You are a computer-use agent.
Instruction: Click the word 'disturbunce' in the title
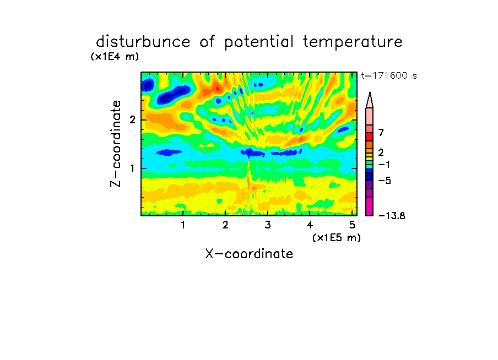pyautogui.click(x=143, y=42)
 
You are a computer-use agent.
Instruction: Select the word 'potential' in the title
pyautogui.click(x=258, y=42)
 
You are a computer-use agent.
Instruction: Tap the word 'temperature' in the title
pyautogui.click(x=353, y=42)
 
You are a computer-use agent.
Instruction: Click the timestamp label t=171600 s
pyautogui.click(x=389, y=76)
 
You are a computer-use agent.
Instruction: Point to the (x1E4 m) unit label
pyautogui.click(x=115, y=57)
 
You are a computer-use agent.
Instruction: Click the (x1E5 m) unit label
pyautogui.click(x=337, y=237)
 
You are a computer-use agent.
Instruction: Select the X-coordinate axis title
pyautogui.click(x=249, y=254)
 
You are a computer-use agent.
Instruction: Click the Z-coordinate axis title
pyautogui.click(x=116, y=144)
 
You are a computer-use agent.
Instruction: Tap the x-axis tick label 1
pyautogui.click(x=183, y=225)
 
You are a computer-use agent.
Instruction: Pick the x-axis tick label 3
pyautogui.click(x=268, y=225)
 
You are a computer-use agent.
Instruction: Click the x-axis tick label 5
pyautogui.click(x=352, y=225)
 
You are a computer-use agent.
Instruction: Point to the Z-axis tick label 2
pyautogui.click(x=132, y=120)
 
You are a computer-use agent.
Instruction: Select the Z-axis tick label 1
pyautogui.click(x=132, y=168)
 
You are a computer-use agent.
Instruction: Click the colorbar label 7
pyautogui.click(x=381, y=133)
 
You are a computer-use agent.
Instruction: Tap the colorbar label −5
pyautogui.click(x=385, y=181)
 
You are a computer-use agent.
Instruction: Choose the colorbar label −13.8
pyautogui.click(x=392, y=216)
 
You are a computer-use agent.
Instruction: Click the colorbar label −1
pyautogui.click(x=384, y=165)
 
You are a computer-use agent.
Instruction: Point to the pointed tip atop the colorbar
pyautogui.click(x=370, y=92)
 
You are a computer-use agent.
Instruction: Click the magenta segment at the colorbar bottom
pyautogui.click(x=370, y=206)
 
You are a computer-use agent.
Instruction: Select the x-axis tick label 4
pyautogui.click(x=310, y=225)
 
